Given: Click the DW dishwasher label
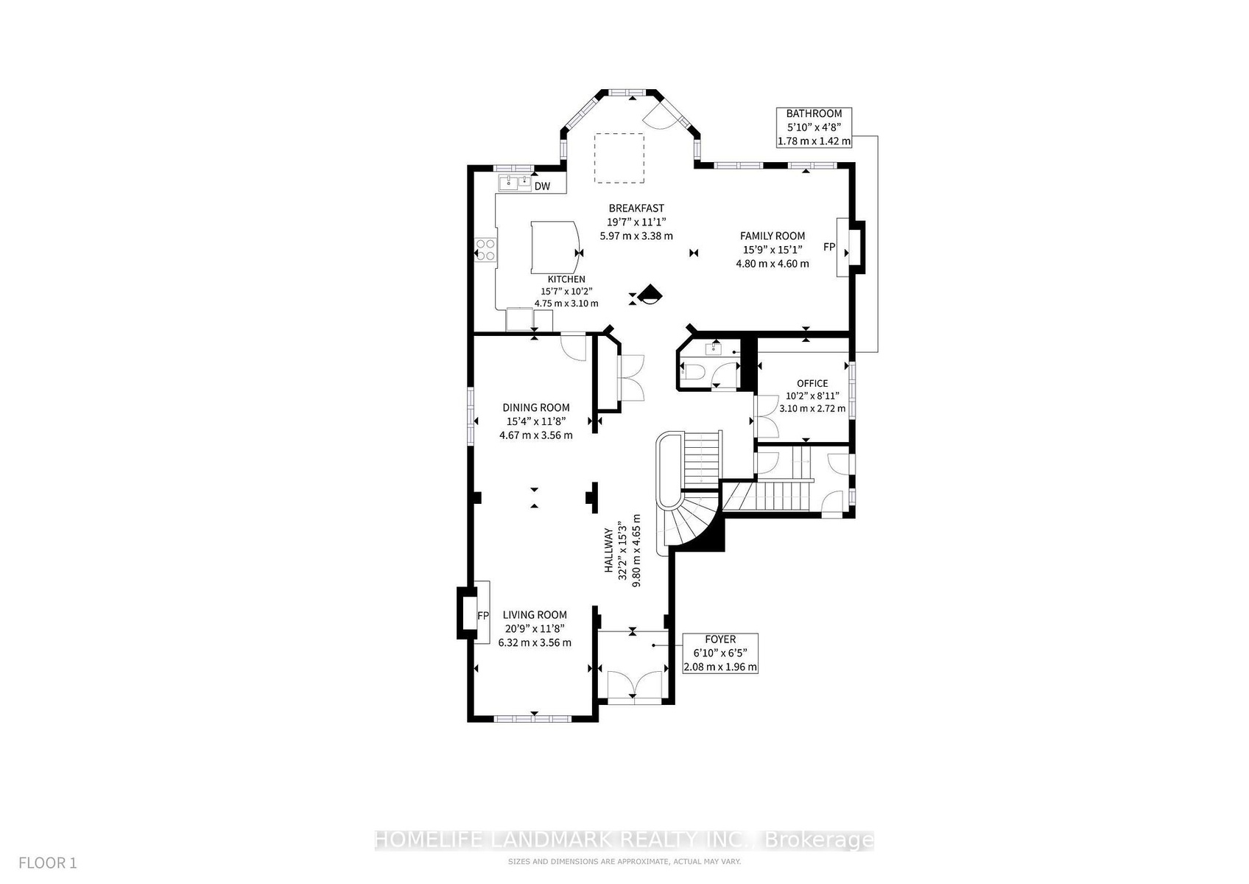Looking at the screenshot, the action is click(x=542, y=186).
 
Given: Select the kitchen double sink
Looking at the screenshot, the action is click(x=125, y=181).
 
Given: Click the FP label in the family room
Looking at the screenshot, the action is click(x=829, y=247).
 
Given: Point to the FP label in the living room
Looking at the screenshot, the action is click(x=483, y=616).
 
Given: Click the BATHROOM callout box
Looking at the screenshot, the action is click(x=814, y=127).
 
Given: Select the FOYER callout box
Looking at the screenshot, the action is click(x=720, y=653).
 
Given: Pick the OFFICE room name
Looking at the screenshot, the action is click(x=812, y=383).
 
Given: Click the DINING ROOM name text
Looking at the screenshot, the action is click(x=536, y=407).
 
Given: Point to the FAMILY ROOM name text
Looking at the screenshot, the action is click(x=773, y=236).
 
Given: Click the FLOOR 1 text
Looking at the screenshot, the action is click(x=47, y=863).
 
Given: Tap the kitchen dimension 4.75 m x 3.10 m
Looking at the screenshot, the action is click(x=566, y=304).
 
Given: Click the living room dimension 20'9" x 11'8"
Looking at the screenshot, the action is click(x=535, y=628).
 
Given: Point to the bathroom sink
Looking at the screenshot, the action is click(x=714, y=350).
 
